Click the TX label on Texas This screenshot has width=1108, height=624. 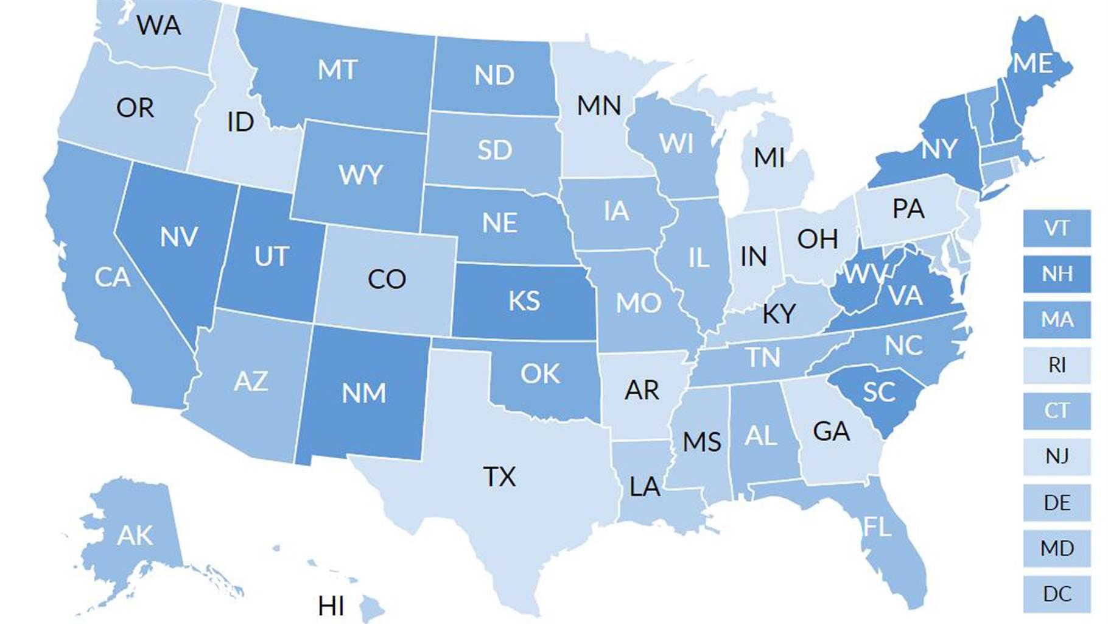499,477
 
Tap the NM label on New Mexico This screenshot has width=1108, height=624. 363,393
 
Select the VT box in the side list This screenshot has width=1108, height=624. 1056,229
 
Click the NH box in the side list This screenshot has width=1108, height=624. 1056,274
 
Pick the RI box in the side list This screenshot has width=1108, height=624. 1056,365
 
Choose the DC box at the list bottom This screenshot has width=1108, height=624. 1056,594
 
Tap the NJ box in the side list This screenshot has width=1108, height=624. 1056,456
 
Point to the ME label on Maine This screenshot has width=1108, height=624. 1033,63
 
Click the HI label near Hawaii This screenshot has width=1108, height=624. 331,606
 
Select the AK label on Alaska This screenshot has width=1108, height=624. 135,536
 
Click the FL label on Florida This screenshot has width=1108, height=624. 877,526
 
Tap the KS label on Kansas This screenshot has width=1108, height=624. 524,301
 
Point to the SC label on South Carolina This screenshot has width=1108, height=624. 878,392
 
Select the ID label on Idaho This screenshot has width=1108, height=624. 240,122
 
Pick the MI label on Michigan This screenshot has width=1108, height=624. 769,158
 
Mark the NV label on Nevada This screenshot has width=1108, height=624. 178,236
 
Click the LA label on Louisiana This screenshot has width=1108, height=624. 644,486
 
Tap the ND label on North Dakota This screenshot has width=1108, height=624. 494,76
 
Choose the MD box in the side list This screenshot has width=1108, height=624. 1056,548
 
